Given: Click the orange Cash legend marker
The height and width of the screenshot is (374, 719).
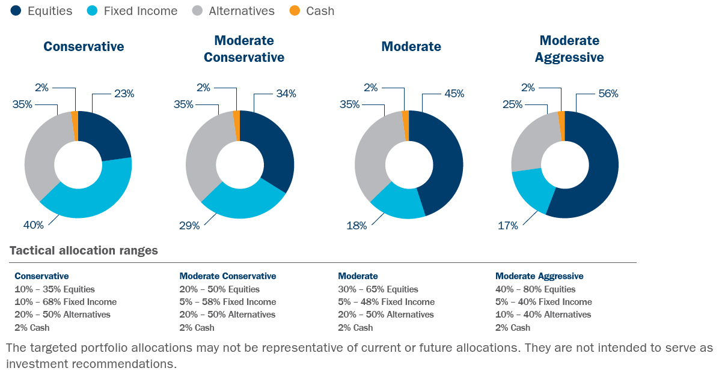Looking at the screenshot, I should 295,11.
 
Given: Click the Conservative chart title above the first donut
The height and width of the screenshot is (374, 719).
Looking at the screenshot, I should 84,46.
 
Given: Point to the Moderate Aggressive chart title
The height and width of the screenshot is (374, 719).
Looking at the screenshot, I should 569,49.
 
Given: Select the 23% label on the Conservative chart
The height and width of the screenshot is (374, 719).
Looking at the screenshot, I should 124,94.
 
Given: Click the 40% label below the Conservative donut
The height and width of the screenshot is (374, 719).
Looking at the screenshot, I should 34,225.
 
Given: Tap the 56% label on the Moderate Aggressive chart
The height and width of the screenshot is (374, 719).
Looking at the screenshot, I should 608,94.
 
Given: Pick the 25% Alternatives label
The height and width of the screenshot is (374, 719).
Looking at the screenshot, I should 513,104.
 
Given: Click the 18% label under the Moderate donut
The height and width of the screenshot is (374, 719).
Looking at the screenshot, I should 356,225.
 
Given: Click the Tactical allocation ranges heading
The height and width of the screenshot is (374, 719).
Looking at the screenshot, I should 84,250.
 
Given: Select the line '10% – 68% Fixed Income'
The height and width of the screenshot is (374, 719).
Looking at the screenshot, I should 66,302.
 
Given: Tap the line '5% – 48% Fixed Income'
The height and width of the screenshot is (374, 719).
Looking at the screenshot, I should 386,302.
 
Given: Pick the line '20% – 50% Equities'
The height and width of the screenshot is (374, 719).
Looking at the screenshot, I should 219,289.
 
